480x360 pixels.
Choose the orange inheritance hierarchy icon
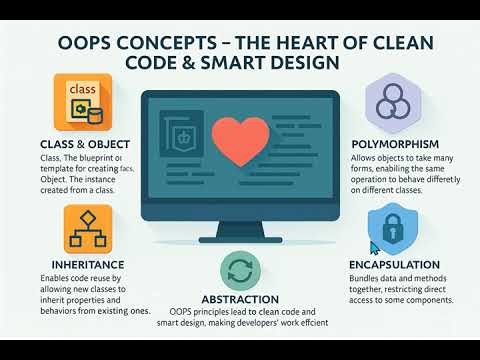[x=87, y=229]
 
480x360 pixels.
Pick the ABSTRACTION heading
[x=239, y=298]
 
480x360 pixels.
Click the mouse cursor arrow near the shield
[x=373, y=246]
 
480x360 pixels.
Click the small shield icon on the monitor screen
[x=183, y=135]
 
